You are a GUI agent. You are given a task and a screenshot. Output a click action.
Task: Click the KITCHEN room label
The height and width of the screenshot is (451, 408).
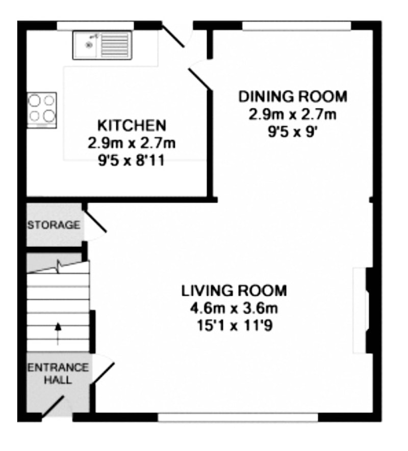pyautogui.click(x=132, y=125)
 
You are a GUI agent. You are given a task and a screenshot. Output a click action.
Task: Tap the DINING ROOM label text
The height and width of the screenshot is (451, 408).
pyautogui.click(x=293, y=96)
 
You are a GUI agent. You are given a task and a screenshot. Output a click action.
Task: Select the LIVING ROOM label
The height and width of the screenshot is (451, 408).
pyautogui.click(x=234, y=291)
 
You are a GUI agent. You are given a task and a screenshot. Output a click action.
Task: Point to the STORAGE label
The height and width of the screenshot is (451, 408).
pyautogui.click(x=54, y=224)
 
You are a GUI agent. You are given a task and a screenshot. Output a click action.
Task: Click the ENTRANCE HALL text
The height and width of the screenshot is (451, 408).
pyautogui.click(x=58, y=374)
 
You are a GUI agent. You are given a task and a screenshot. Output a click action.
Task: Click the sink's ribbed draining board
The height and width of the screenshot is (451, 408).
pyautogui.click(x=115, y=45)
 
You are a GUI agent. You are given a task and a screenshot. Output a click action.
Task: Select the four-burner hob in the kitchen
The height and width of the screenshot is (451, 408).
pyautogui.click(x=42, y=110)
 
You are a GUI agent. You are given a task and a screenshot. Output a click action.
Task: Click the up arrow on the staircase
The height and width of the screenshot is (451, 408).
pyautogui.click(x=58, y=333)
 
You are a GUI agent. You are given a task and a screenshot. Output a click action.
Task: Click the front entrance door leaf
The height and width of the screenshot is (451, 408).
pyautogui.click(x=53, y=407)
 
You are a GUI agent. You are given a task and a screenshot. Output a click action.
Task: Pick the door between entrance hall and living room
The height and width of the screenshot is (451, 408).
pyautogui.click(x=103, y=373)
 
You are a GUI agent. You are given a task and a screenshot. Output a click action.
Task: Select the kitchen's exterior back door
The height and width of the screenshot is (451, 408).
pyautogui.click(x=173, y=34)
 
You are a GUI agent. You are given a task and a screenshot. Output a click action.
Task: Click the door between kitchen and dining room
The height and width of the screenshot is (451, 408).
pyautogui.click(x=199, y=79)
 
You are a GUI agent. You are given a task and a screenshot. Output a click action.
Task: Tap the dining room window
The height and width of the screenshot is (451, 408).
pyautogui.click(x=296, y=25)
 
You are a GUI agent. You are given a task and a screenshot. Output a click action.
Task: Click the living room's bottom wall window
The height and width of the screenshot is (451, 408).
pyautogui.click(x=238, y=417)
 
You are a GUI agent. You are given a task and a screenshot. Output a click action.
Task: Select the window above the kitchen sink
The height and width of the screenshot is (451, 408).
pyautogui.click(x=95, y=25)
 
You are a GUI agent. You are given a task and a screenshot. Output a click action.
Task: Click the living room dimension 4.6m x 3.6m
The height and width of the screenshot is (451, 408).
pyautogui.click(x=234, y=308)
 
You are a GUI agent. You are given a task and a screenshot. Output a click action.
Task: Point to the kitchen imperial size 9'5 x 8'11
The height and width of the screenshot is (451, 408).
pyautogui.click(x=132, y=160)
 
